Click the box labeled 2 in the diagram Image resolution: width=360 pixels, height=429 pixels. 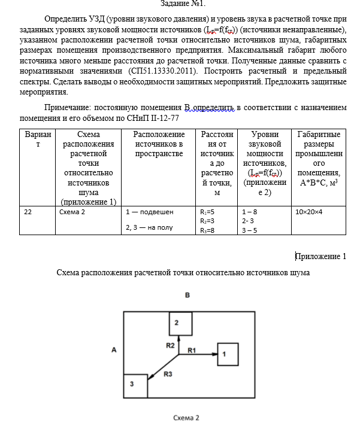[x=179, y=324]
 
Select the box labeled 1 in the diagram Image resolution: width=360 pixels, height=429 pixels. [x=228, y=354]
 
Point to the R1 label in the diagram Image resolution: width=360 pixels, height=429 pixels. [x=192, y=349]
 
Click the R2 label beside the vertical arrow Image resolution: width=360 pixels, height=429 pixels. [x=170, y=345]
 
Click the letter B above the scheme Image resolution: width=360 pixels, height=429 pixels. [x=187, y=296]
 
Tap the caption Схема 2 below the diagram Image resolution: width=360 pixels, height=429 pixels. [x=186, y=418]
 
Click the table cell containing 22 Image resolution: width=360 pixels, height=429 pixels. [x=29, y=212]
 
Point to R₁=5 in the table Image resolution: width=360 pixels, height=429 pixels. [x=207, y=212]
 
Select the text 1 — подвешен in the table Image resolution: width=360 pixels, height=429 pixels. [x=150, y=212]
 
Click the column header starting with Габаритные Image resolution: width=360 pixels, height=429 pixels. [x=319, y=134]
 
